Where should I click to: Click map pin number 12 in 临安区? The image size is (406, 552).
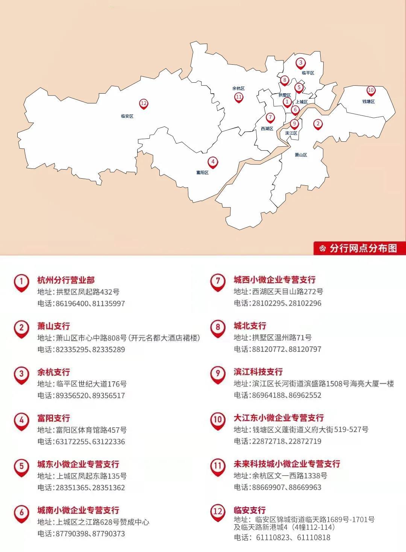143,103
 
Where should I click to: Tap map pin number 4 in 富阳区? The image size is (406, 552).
213,162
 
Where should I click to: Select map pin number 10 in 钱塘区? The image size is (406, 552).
371,90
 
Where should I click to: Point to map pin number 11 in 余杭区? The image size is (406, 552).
239,97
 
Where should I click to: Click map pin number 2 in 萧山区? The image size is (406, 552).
318,124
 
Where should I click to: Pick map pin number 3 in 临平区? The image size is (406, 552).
300,63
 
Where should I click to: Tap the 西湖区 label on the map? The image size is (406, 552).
267,129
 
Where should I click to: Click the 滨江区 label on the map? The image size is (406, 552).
291,133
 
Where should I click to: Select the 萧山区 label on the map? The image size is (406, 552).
301,155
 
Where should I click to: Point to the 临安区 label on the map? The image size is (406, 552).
127,116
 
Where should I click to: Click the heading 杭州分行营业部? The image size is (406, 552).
66,280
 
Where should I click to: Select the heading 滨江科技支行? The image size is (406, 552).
258,372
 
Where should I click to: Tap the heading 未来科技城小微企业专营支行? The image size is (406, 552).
287,464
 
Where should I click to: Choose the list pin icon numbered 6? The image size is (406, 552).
21,513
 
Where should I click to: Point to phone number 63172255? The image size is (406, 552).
72,441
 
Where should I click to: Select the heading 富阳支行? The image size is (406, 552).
53,418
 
